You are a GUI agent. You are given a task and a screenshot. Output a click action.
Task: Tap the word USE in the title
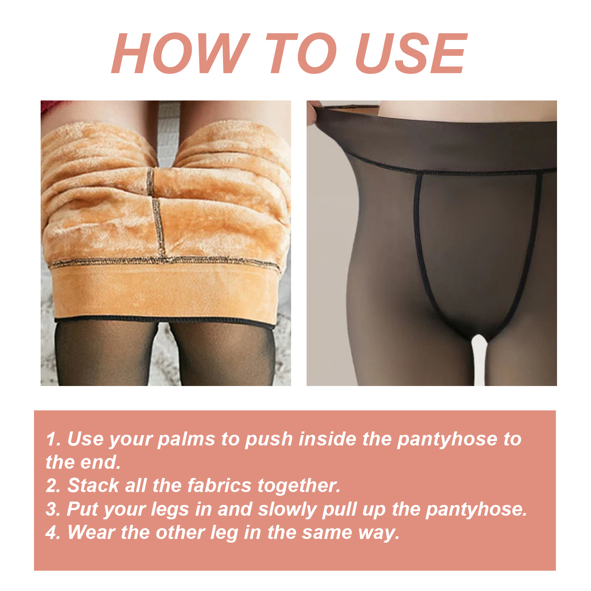click(x=411, y=54)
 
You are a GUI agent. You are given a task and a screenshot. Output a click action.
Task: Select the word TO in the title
click(x=301, y=54)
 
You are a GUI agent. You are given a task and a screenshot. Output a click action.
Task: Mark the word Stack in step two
click(x=93, y=485)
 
